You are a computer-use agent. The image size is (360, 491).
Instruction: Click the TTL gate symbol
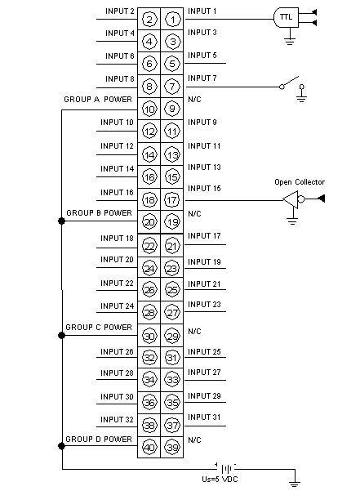coord(286,17)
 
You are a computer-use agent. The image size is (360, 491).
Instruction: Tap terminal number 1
coord(172,20)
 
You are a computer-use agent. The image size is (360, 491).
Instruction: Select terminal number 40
coord(149,447)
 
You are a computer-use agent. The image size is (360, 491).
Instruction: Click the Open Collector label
coord(300,182)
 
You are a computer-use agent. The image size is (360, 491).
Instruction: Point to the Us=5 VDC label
coord(220,479)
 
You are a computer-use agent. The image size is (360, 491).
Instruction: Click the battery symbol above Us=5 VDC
coord(226,469)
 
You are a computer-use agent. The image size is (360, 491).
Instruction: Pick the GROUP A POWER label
coord(98,100)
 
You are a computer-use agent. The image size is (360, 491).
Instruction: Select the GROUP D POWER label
coord(99,439)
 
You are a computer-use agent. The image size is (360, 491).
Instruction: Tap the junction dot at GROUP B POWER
coord(61,221)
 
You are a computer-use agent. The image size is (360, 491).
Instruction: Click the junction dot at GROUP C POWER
coord(61,336)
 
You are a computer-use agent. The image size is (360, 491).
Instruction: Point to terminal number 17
coord(172,200)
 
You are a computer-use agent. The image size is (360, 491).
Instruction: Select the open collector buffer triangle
coord(291,199)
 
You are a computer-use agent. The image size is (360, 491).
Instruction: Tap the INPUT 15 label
coord(204,188)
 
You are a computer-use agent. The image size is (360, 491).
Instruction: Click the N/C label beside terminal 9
coord(194,100)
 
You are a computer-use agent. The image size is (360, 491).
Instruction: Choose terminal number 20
coord(149,222)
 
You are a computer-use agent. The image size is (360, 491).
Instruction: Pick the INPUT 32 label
coord(117,419)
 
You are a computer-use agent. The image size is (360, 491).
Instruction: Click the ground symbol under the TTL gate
coord(290,41)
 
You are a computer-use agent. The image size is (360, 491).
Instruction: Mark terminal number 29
coord(172,337)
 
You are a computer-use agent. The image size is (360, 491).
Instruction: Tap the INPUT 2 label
coord(120,11)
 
